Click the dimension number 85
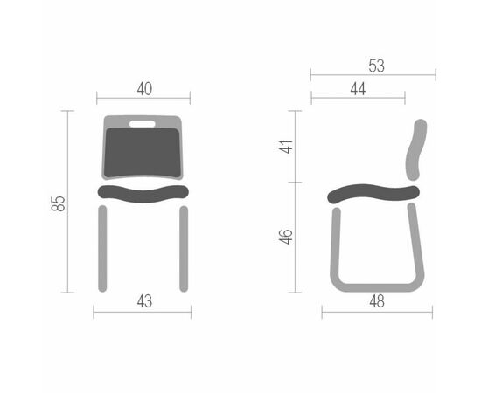[x=58, y=203]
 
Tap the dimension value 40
[x=144, y=89]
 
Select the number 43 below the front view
[x=144, y=301]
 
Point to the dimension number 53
[x=376, y=65]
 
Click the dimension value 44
[x=358, y=89]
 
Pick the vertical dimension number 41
[x=286, y=147]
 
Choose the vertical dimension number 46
[x=286, y=237]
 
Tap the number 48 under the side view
[x=377, y=301]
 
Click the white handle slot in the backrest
[x=143, y=124]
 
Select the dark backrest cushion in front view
[x=142, y=152]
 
